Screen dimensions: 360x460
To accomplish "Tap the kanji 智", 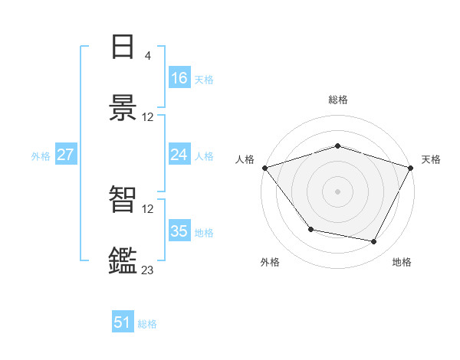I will [x=123, y=200].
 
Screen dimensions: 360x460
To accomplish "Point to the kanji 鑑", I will [x=123, y=260].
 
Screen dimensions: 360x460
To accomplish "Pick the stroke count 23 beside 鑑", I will [x=147, y=270].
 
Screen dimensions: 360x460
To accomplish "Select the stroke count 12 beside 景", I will [x=147, y=117].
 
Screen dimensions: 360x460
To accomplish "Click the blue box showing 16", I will [x=179, y=78].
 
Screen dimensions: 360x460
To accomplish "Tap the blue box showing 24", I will [x=179, y=155].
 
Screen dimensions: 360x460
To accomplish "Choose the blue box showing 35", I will [x=179, y=231].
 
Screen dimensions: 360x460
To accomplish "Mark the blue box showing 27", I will [x=66, y=155].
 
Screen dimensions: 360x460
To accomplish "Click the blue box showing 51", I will [x=123, y=322].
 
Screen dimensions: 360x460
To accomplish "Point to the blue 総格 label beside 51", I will [x=147, y=324].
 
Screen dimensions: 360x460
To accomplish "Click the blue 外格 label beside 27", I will [x=41, y=156].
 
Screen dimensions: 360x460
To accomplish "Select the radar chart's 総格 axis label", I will [x=337, y=100].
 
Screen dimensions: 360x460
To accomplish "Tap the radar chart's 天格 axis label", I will [x=431, y=159].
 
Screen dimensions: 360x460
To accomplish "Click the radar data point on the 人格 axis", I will [x=264, y=168].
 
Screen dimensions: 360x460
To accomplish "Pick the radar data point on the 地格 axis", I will [x=374, y=242].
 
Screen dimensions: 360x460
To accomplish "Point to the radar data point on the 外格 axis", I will [x=310, y=229].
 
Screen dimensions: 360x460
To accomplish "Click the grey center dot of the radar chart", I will [x=337, y=191].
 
